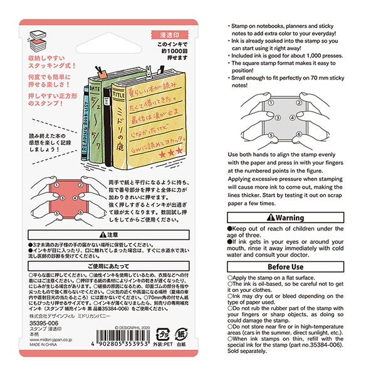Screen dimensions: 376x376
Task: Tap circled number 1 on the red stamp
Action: [56, 185]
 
